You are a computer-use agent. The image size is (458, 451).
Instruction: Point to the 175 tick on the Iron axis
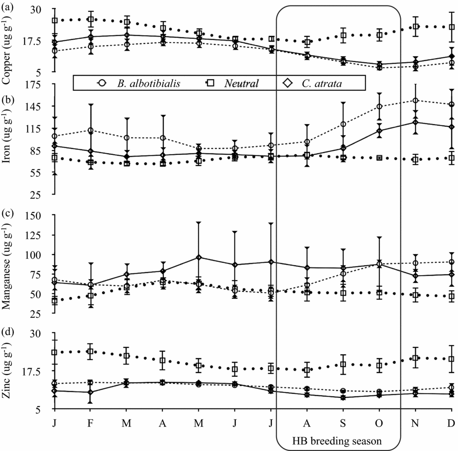[x=35, y=84]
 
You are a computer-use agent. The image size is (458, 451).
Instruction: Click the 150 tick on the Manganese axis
[x=35, y=215]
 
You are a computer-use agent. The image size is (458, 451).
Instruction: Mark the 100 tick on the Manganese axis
[x=35, y=255]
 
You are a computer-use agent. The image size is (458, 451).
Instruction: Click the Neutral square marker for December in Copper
[x=451, y=27]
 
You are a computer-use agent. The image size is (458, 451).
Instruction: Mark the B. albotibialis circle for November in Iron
[x=415, y=100]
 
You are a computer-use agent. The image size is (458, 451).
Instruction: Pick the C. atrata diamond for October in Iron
[x=379, y=130]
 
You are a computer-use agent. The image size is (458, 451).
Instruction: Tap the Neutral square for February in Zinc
[x=91, y=352]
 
